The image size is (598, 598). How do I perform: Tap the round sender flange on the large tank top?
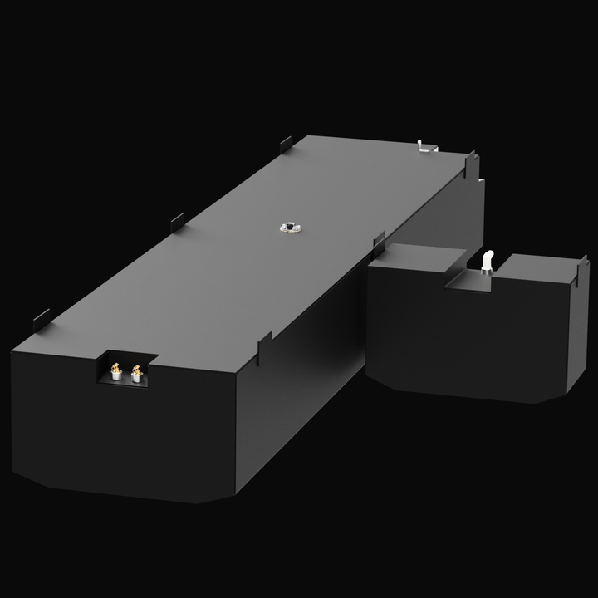(290, 226)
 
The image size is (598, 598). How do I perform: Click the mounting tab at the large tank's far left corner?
(286, 143)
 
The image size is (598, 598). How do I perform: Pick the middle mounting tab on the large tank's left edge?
(178, 221)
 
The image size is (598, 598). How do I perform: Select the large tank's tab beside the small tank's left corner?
(379, 242)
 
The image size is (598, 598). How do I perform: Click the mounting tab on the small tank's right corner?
(583, 271)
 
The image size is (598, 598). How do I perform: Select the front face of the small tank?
(465, 341)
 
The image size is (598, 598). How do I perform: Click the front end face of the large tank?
(125, 432)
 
